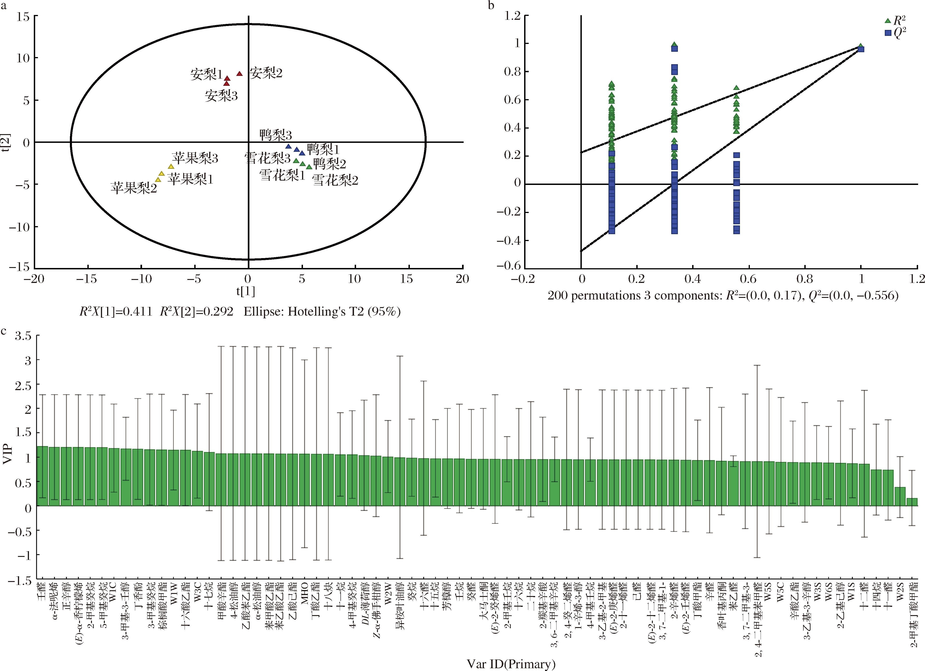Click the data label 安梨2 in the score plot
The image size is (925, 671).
[x=266, y=73]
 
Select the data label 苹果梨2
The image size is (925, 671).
[x=134, y=188]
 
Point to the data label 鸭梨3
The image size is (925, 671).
[x=275, y=135]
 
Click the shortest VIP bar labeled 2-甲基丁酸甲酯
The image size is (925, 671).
[x=912, y=502]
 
